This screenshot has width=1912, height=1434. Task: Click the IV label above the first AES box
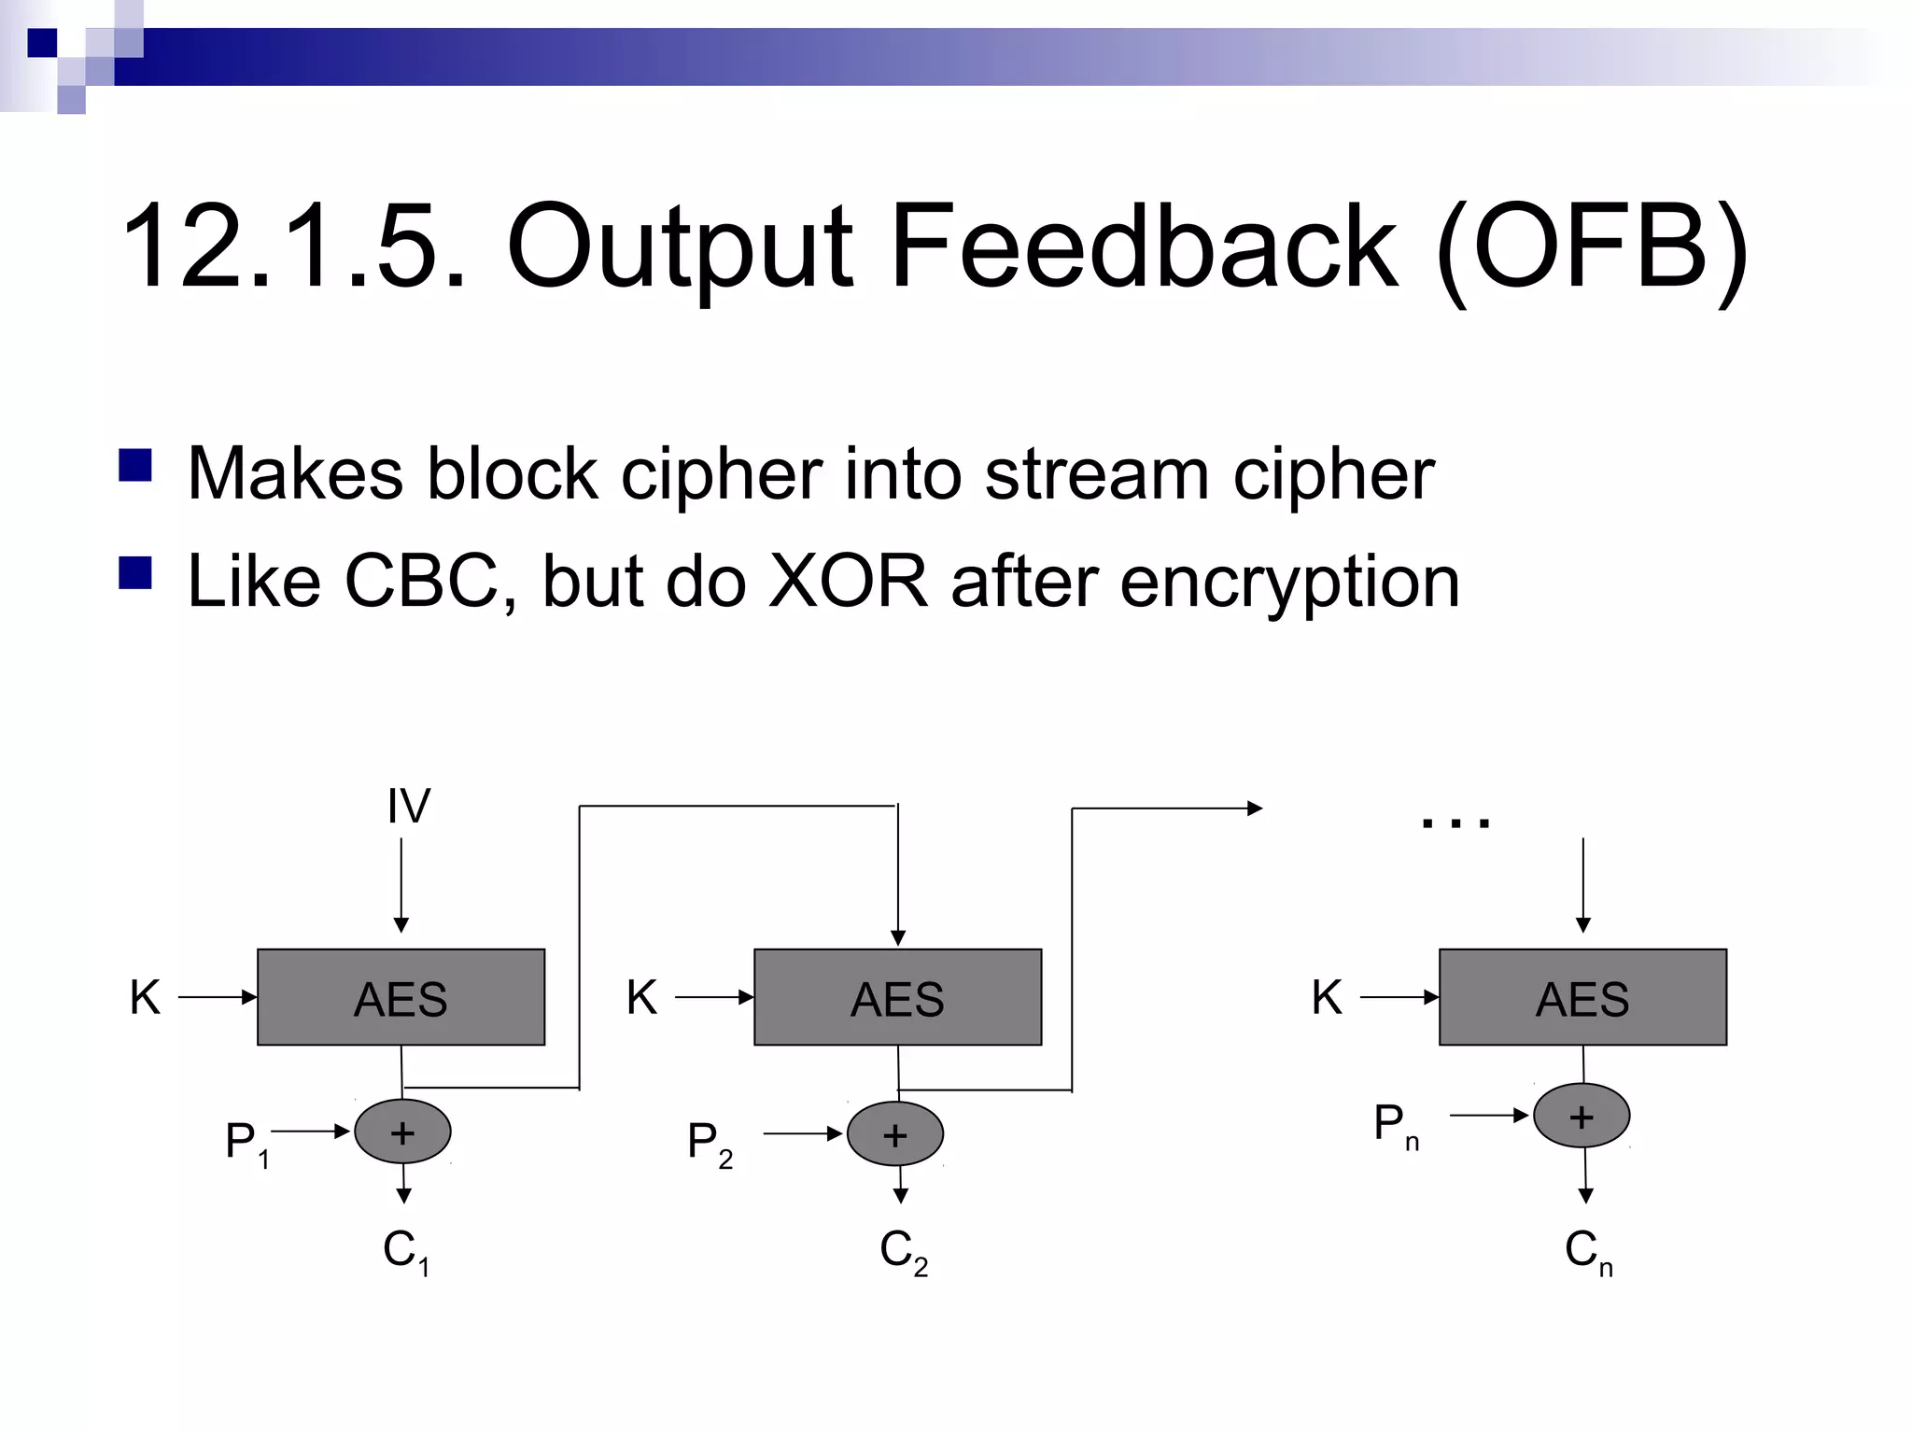[x=409, y=806]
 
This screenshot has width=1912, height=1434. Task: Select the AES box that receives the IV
[x=401, y=997]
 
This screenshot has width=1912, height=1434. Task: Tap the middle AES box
[x=897, y=997]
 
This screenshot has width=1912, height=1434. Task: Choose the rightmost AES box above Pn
[x=1582, y=997]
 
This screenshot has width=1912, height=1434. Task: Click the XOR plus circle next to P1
[x=402, y=1132]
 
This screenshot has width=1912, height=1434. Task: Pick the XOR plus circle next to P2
[x=894, y=1134]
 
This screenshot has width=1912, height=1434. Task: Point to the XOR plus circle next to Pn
[x=1582, y=1116]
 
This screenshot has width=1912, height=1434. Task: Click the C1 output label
[x=406, y=1251]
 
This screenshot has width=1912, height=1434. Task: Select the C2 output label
[x=903, y=1251]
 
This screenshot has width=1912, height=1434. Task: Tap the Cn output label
[x=1588, y=1251]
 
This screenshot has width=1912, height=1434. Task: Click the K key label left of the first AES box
[x=145, y=997]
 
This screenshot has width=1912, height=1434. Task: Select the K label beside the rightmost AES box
[x=1327, y=997]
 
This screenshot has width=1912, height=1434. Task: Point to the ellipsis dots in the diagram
[x=1455, y=822]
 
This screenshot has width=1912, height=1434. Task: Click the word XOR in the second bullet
[x=847, y=581]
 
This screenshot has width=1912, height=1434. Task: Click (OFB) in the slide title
[x=1591, y=247]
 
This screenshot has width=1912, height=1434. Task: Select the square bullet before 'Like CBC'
[x=135, y=573]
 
